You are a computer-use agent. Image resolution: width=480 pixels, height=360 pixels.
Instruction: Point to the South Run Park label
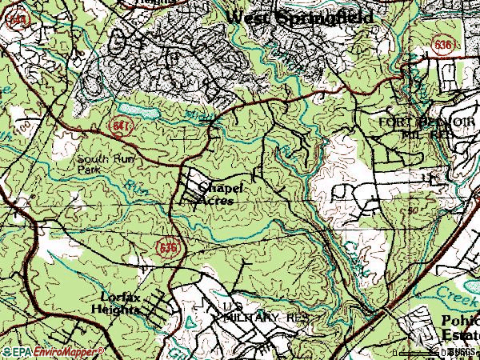[x=97, y=164]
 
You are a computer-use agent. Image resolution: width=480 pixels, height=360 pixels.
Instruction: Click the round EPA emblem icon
[x=6, y=351]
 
